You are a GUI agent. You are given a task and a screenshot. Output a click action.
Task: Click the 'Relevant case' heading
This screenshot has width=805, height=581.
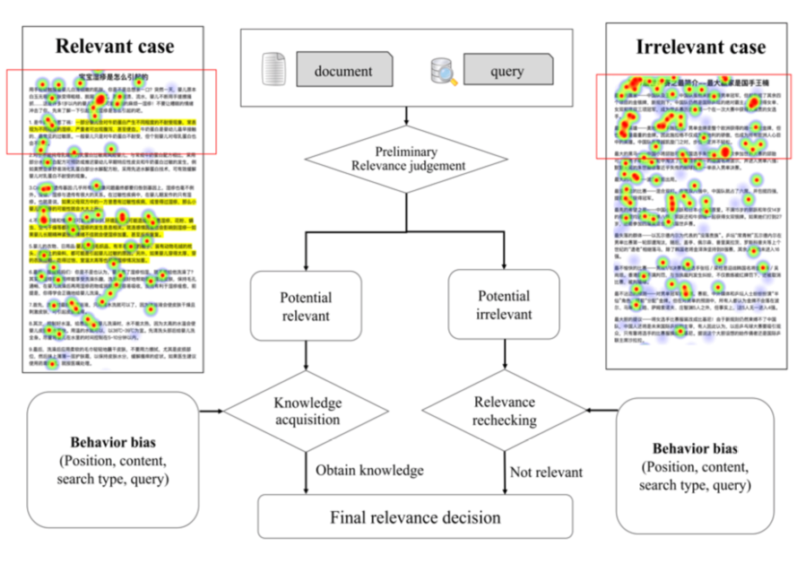[115, 47]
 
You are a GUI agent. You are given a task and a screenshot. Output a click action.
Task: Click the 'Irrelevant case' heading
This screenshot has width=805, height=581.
[701, 47]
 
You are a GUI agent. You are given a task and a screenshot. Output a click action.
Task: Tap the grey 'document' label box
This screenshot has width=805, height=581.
[342, 71]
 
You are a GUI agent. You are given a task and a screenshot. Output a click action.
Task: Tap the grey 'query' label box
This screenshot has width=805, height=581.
[506, 71]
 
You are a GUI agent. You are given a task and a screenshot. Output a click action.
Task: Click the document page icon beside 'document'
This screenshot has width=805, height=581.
[274, 71]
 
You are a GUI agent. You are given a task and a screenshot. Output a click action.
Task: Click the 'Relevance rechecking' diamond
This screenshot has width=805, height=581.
[504, 410]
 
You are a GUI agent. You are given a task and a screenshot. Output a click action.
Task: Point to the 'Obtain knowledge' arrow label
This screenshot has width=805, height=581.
[369, 472]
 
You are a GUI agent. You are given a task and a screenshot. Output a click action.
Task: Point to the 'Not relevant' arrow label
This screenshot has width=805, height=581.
[546, 472]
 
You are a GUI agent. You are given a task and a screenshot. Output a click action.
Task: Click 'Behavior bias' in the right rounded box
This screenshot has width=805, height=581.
[695, 448]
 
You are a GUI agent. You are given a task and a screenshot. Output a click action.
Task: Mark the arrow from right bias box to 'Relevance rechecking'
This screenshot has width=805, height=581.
[602, 411]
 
